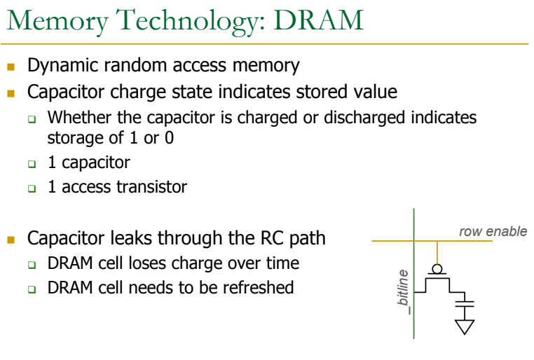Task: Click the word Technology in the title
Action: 171,20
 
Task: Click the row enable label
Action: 493,231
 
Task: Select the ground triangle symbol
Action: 465,326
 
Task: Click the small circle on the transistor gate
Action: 437,268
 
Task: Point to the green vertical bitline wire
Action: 413,308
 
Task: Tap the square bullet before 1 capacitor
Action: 32,164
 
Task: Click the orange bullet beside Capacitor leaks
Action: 11,239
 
